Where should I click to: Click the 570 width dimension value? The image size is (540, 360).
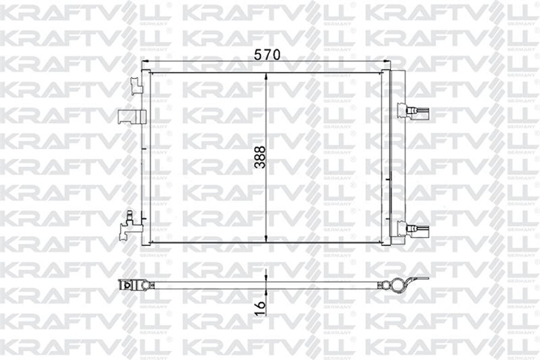tap(267, 55)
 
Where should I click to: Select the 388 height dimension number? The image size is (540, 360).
tap(259, 157)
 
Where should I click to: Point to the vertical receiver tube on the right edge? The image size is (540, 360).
tap(397, 156)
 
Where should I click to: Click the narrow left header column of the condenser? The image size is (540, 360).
tap(146, 156)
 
